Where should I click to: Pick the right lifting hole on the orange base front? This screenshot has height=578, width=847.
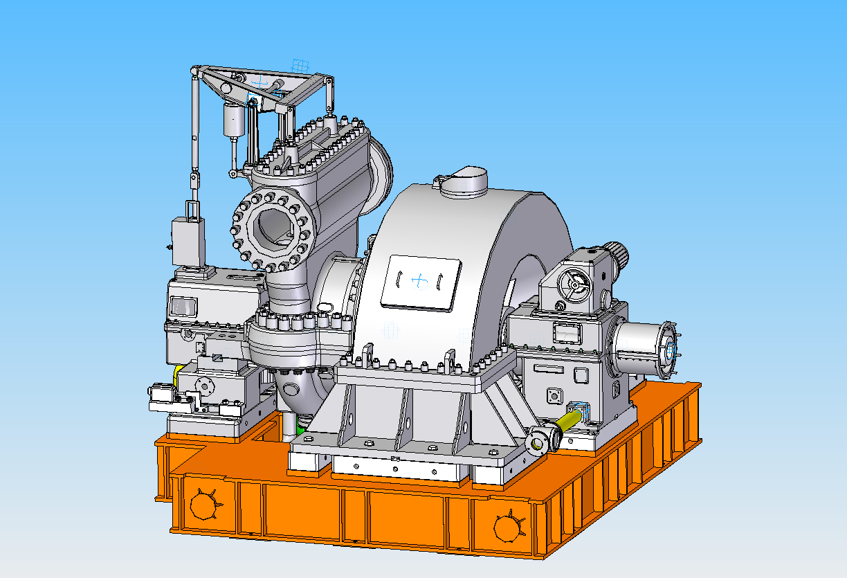coord(509,529)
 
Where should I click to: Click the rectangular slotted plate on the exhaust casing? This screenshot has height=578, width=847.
coord(421,281)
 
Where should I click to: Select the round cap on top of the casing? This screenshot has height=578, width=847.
coord(464,181)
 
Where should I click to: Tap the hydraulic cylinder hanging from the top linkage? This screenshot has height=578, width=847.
coord(235,121)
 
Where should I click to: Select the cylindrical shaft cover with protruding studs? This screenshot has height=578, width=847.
coord(644,351)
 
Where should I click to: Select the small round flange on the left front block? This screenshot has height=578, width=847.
coord(206,384)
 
